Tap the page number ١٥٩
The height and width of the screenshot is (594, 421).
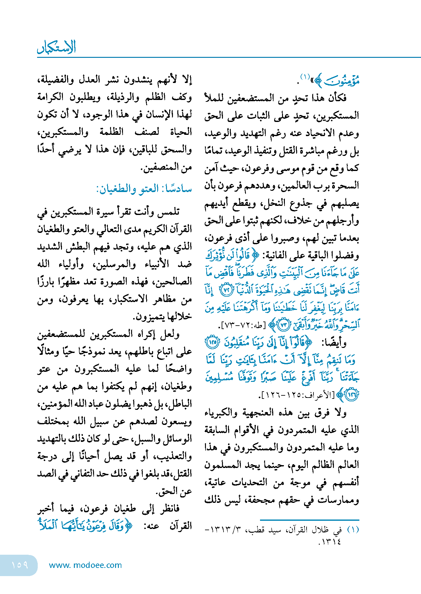point(19,565)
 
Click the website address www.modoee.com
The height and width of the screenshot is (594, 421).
point(85,565)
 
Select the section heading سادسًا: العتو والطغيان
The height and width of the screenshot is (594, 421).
point(144,189)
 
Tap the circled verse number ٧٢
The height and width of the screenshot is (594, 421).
point(226,290)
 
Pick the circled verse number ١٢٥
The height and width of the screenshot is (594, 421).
point(212,342)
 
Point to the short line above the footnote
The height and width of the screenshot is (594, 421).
point(309,520)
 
